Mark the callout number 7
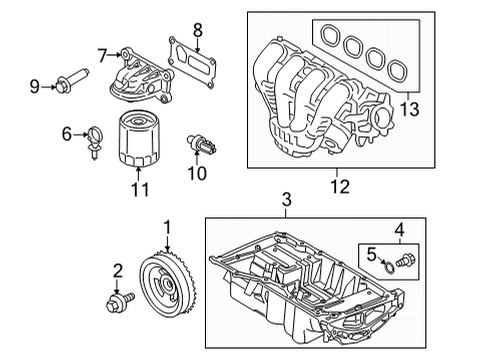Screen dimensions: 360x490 coord(102,53)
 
